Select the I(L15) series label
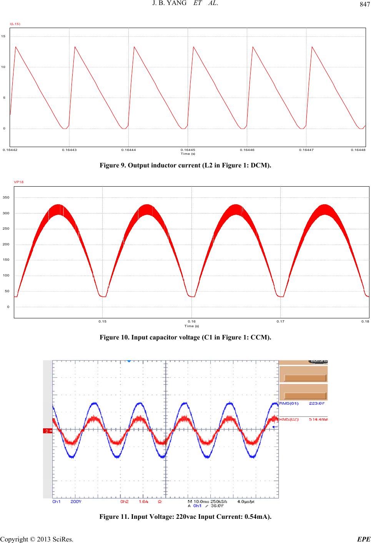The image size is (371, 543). (x=15, y=24)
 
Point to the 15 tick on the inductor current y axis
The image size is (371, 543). (x=3, y=36)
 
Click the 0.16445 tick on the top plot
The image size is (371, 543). (x=188, y=150)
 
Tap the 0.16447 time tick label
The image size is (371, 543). (x=306, y=150)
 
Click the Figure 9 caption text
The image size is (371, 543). (x=185, y=166)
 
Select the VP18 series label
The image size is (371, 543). (x=18, y=182)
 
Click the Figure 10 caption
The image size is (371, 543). (x=185, y=337)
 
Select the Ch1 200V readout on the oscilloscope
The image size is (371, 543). (x=65, y=502)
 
